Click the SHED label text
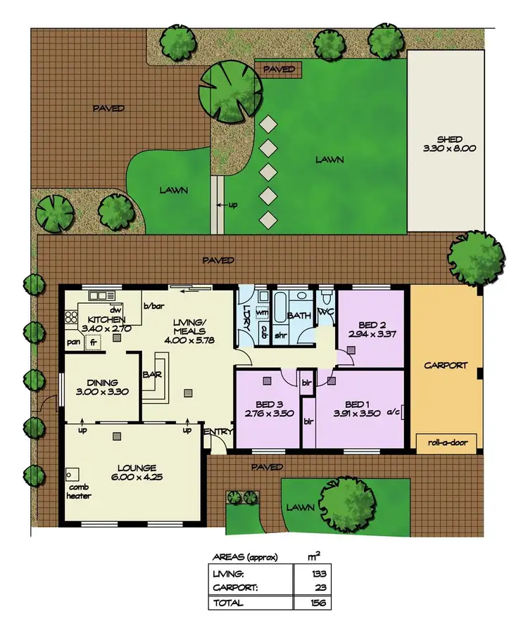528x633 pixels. pos(448,139)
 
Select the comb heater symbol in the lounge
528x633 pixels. pos(72,473)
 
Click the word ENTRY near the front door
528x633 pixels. pos(214,431)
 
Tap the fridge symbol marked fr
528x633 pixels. pos(92,342)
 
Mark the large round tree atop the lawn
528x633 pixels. pos(231,91)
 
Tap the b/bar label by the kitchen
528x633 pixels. pos(153,306)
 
